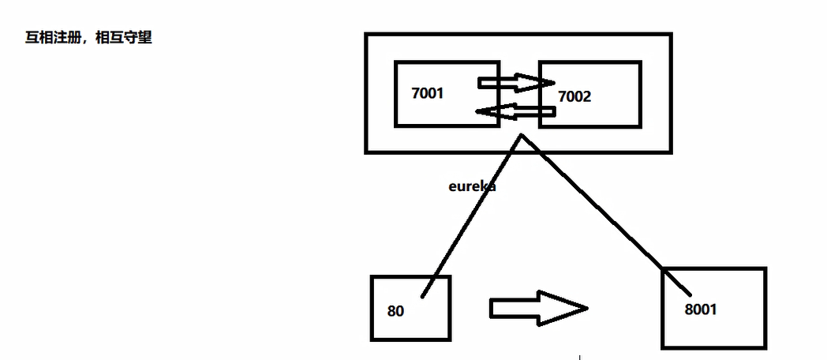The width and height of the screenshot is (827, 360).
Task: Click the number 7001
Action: click(428, 93)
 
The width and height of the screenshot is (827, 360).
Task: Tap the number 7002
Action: click(574, 97)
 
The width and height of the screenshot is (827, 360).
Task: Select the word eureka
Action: click(472, 187)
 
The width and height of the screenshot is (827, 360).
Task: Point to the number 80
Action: click(395, 311)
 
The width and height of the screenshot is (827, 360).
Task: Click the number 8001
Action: click(700, 309)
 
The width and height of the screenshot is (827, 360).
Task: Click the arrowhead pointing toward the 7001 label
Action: click(489, 112)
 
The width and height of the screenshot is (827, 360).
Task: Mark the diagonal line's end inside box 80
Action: click(423, 296)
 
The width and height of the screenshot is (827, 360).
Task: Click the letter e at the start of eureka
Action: click(453, 187)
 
